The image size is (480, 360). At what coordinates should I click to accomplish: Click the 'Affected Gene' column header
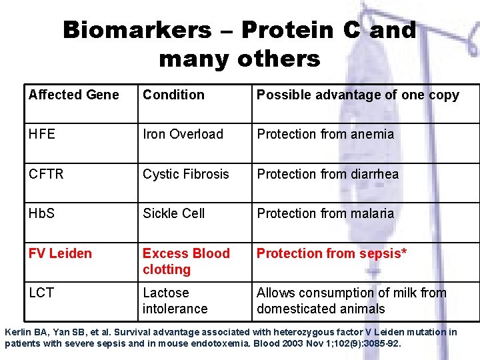pyautogui.click(x=74, y=95)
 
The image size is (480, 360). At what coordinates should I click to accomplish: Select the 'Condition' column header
pyautogui.click(x=173, y=95)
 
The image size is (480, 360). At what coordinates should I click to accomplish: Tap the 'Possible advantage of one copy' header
pyautogui.click(x=357, y=95)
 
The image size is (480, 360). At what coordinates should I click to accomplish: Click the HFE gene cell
pyautogui.click(x=42, y=135)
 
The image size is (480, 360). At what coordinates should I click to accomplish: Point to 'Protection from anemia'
pyautogui.click(x=325, y=135)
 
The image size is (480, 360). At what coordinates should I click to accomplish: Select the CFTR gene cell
pyautogui.click(x=46, y=175)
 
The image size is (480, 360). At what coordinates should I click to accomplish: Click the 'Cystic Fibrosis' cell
pyautogui.click(x=185, y=175)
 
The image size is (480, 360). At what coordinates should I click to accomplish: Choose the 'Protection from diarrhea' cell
pyautogui.click(x=327, y=175)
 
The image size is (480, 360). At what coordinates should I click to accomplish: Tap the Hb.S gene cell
pyautogui.click(x=42, y=214)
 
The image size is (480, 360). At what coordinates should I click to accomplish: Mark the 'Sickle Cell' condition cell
pyautogui.click(x=173, y=214)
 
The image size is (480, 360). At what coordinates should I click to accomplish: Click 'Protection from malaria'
pyautogui.click(x=325, y=214)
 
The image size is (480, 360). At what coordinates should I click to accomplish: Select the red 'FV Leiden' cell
pyautogui.click(x=60, y=254)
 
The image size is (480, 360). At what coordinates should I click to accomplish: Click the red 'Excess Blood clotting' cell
pyautogui.click(x=185, y=261)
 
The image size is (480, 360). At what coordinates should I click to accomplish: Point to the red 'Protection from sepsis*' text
pyautogui.click(x=332, y=254)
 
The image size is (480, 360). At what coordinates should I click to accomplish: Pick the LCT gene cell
pyautogui.click(x=41, y=293)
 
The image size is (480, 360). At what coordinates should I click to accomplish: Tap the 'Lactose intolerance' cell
pyautogui.click(x=175, y=301)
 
